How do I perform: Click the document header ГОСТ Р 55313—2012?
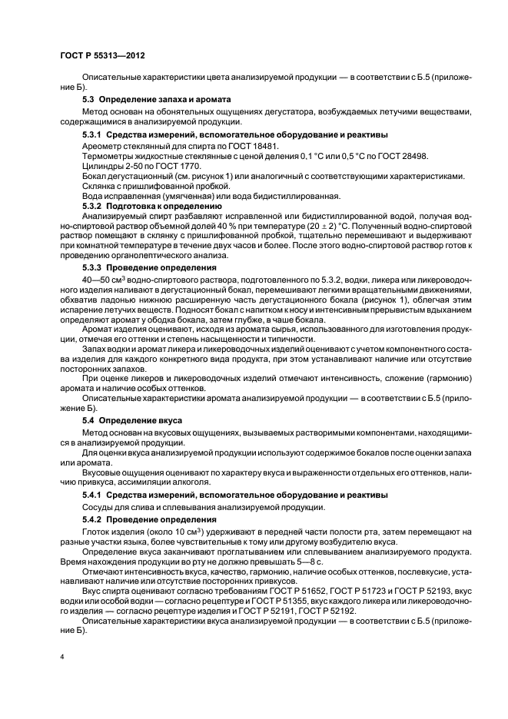coord(103,56)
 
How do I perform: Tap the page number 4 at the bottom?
coord(62,658)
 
